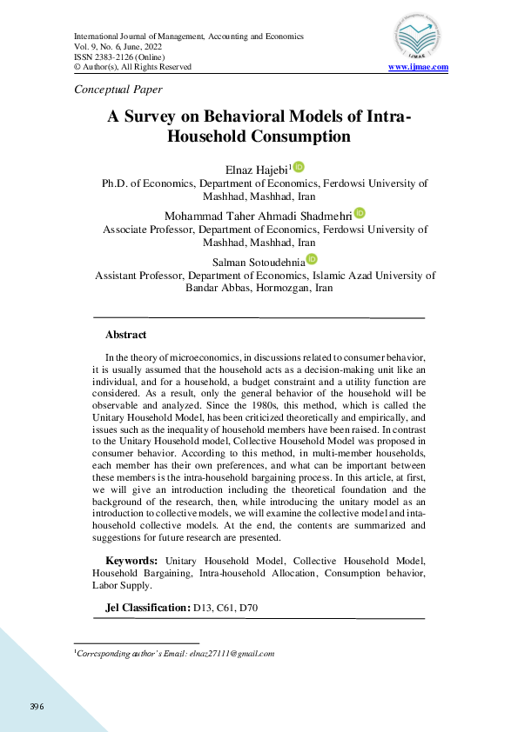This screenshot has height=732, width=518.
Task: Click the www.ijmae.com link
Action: coord(418,67)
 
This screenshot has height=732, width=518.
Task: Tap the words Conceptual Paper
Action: coord(118,89)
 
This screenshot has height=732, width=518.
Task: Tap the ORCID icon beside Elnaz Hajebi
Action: coord(299,167)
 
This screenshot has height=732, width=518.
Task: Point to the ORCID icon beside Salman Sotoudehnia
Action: coord(312,259)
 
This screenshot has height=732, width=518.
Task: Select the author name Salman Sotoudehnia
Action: coord(259,261)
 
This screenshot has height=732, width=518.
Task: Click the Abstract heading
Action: coord(125,335)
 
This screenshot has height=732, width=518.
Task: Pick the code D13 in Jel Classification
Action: coord(201,607)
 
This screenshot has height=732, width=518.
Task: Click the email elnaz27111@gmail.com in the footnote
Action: coord(232,653)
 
